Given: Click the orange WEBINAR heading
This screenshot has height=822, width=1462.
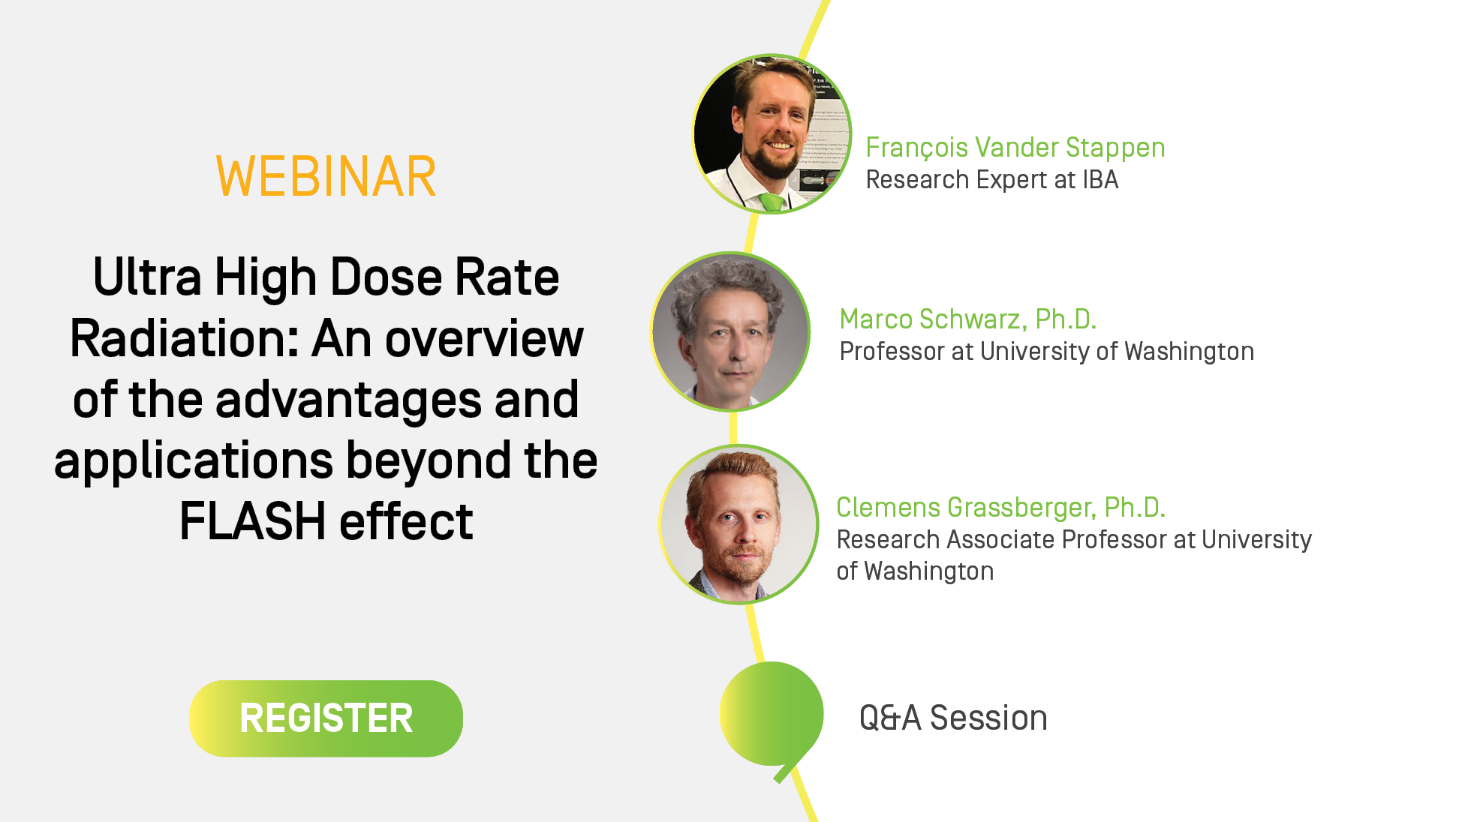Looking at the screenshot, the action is click(326, 177).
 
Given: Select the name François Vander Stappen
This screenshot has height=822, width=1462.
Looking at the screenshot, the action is click(1015, 148).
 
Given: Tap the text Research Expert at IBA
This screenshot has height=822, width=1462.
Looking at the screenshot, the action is click(991, 180).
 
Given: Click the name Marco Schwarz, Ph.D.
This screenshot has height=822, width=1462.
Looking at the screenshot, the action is click(967, 319).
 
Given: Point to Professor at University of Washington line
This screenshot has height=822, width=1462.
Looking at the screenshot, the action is click(1046, 352).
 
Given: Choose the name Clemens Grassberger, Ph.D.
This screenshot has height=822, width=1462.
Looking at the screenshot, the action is click(1000, 508).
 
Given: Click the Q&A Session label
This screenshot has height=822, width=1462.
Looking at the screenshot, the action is click(953, 718).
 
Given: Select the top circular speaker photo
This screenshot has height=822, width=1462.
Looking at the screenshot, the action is click(772, 134).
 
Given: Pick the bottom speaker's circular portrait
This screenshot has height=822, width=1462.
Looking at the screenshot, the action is click(739, 524).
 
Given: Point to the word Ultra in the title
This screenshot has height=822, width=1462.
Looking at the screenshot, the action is click(147, 277).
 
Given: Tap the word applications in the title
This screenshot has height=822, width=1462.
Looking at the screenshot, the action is click(194, 461).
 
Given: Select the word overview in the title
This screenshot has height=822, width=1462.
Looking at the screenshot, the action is click(484, 339).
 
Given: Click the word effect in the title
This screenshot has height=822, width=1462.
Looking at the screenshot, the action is click(406, 521).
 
